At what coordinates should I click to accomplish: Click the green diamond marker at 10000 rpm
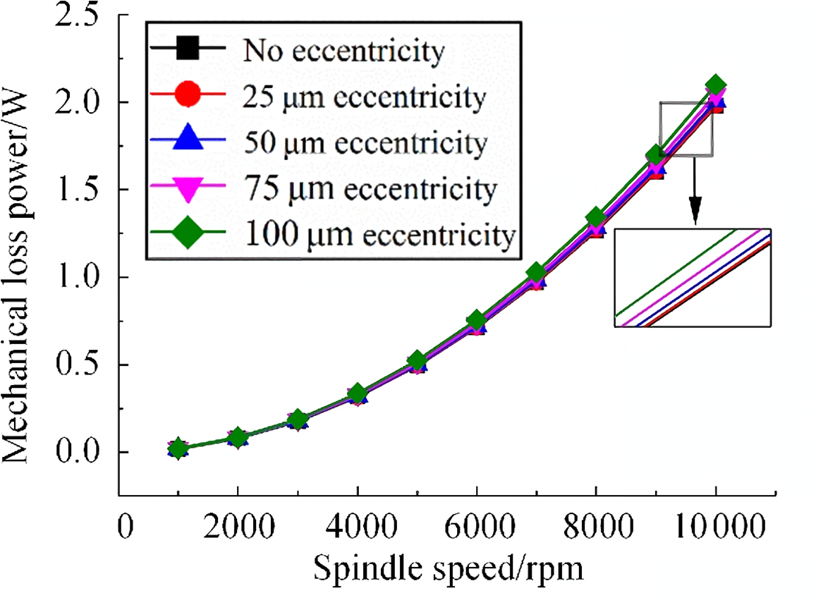coord(716,85)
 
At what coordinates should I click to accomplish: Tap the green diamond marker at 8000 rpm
coord(596,216)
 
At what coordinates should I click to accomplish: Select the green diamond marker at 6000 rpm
coord(477,320)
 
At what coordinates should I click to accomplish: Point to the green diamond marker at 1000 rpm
coord(178,448)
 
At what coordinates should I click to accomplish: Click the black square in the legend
coord(188,51)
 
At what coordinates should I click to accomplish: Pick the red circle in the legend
coord(188,96)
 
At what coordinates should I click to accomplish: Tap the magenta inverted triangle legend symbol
coord(188,188)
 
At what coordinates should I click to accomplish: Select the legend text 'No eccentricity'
coord(344,51)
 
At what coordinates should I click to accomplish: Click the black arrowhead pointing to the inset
coord(695,214)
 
